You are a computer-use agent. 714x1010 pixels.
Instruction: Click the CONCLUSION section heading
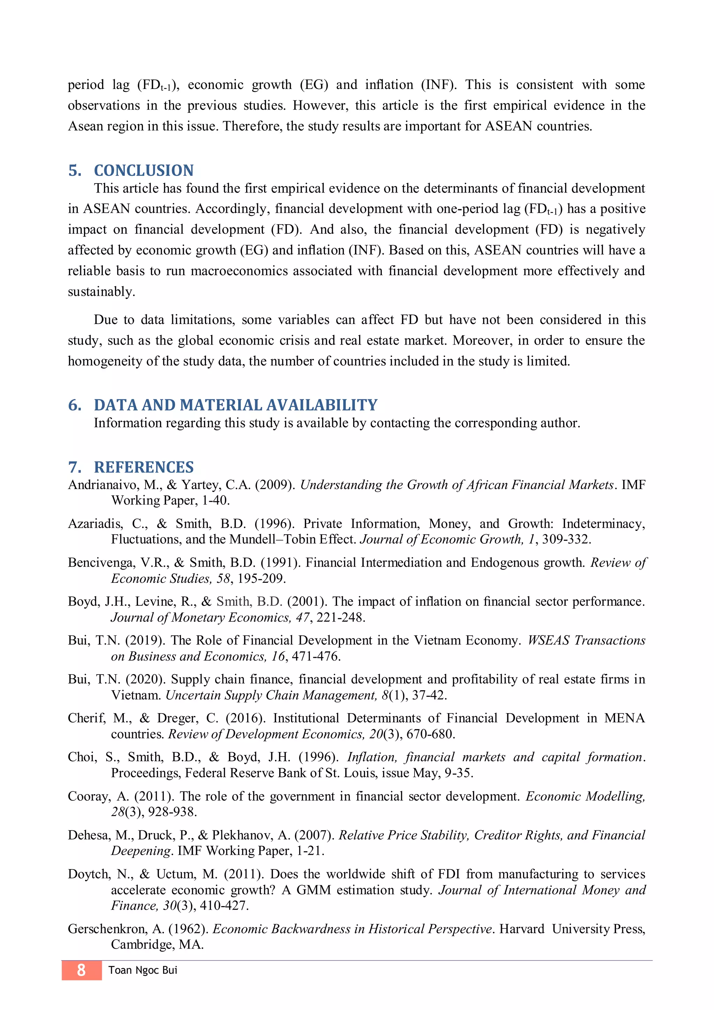(143, 170)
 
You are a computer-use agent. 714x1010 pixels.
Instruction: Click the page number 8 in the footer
(81, 970)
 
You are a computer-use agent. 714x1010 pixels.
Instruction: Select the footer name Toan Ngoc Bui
(143, 970)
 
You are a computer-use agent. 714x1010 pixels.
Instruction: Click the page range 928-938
(172, 812)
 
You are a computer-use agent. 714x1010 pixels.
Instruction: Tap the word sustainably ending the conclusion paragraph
(101, 292)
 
